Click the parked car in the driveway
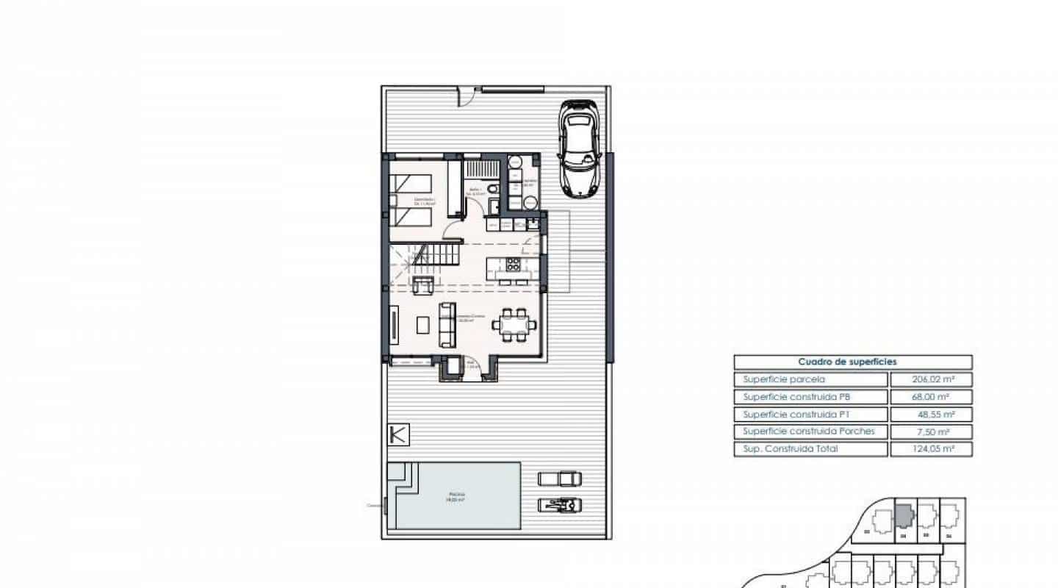click(580, 148)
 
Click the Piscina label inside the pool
click(457, 496)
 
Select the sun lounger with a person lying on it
click(561, 504)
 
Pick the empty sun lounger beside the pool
click(561, 479)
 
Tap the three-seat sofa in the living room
click(446, 324)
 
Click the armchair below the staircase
click(422, 285)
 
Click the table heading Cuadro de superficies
click(852, 362)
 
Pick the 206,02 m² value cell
click(931, 380)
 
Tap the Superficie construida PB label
click(796, 397)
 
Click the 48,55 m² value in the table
click(931, 415)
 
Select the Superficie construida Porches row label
click(809, 431)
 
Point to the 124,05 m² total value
click(931, 449)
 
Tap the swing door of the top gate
click(466, 96)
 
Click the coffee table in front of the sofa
click(422, 324)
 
